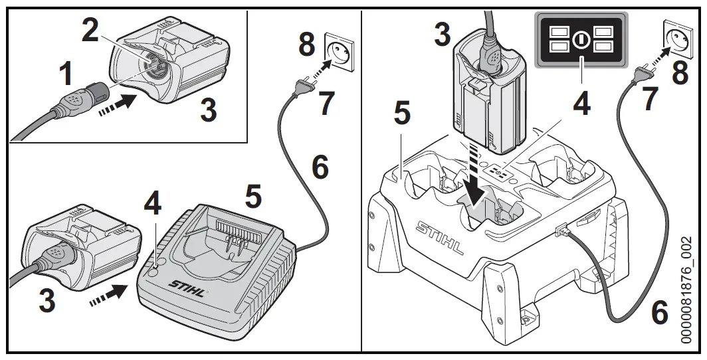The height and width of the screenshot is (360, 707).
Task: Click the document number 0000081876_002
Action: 695,288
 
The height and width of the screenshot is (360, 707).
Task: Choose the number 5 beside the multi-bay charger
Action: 401,114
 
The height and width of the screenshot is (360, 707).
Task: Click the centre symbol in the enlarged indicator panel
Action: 581,39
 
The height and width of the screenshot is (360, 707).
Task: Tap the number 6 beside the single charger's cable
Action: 320,166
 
